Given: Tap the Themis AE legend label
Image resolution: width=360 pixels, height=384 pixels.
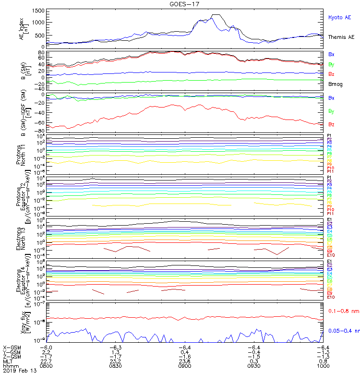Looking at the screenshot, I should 341,37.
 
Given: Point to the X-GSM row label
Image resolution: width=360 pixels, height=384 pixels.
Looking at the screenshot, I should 11,347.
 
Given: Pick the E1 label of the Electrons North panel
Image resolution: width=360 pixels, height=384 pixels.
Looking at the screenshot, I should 330,220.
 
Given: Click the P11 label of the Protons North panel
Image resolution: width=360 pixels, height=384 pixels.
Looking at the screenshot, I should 330,171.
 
